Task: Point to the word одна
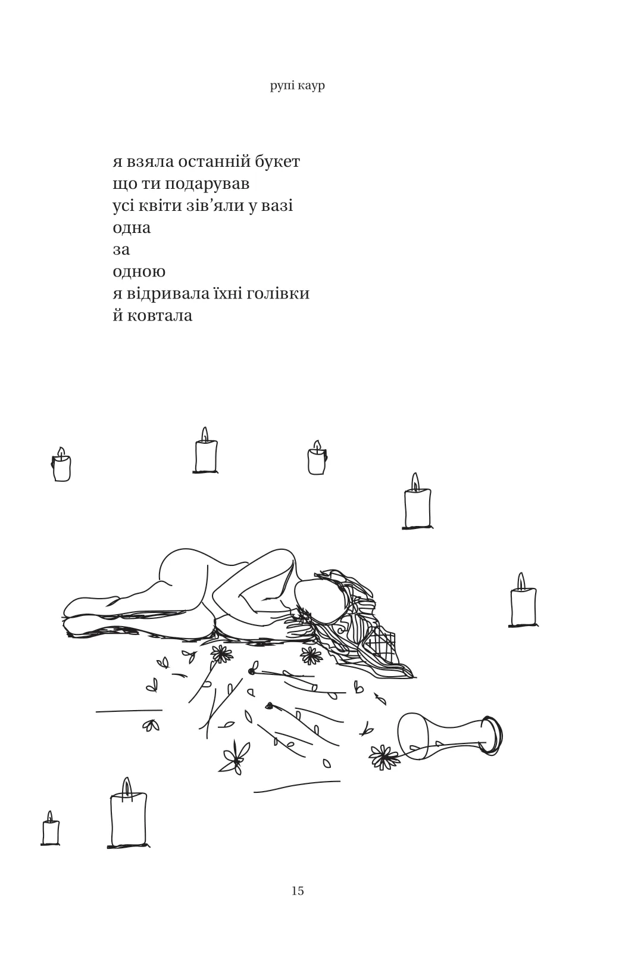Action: pos(132,228)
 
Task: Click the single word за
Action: pos(121,250)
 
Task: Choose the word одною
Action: pos(139,272)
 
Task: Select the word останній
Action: pos(214,161)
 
